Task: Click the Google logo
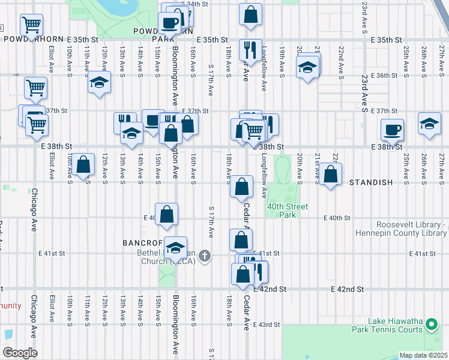(19, 352)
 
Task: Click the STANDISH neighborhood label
(370, 182)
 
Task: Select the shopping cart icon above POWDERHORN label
(31, 25)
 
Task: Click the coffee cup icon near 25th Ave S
(393, 129)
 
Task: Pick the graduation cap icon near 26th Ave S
(429, 124)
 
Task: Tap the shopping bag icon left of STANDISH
(330, 175)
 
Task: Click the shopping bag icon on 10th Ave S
(85, 164)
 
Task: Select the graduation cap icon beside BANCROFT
(175, 247)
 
